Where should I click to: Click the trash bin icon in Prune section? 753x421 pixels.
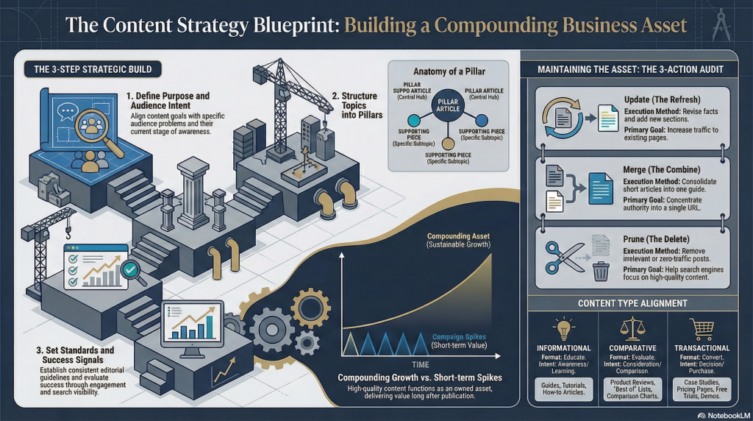(601, 271)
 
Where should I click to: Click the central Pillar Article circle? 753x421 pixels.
(448, 105)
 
